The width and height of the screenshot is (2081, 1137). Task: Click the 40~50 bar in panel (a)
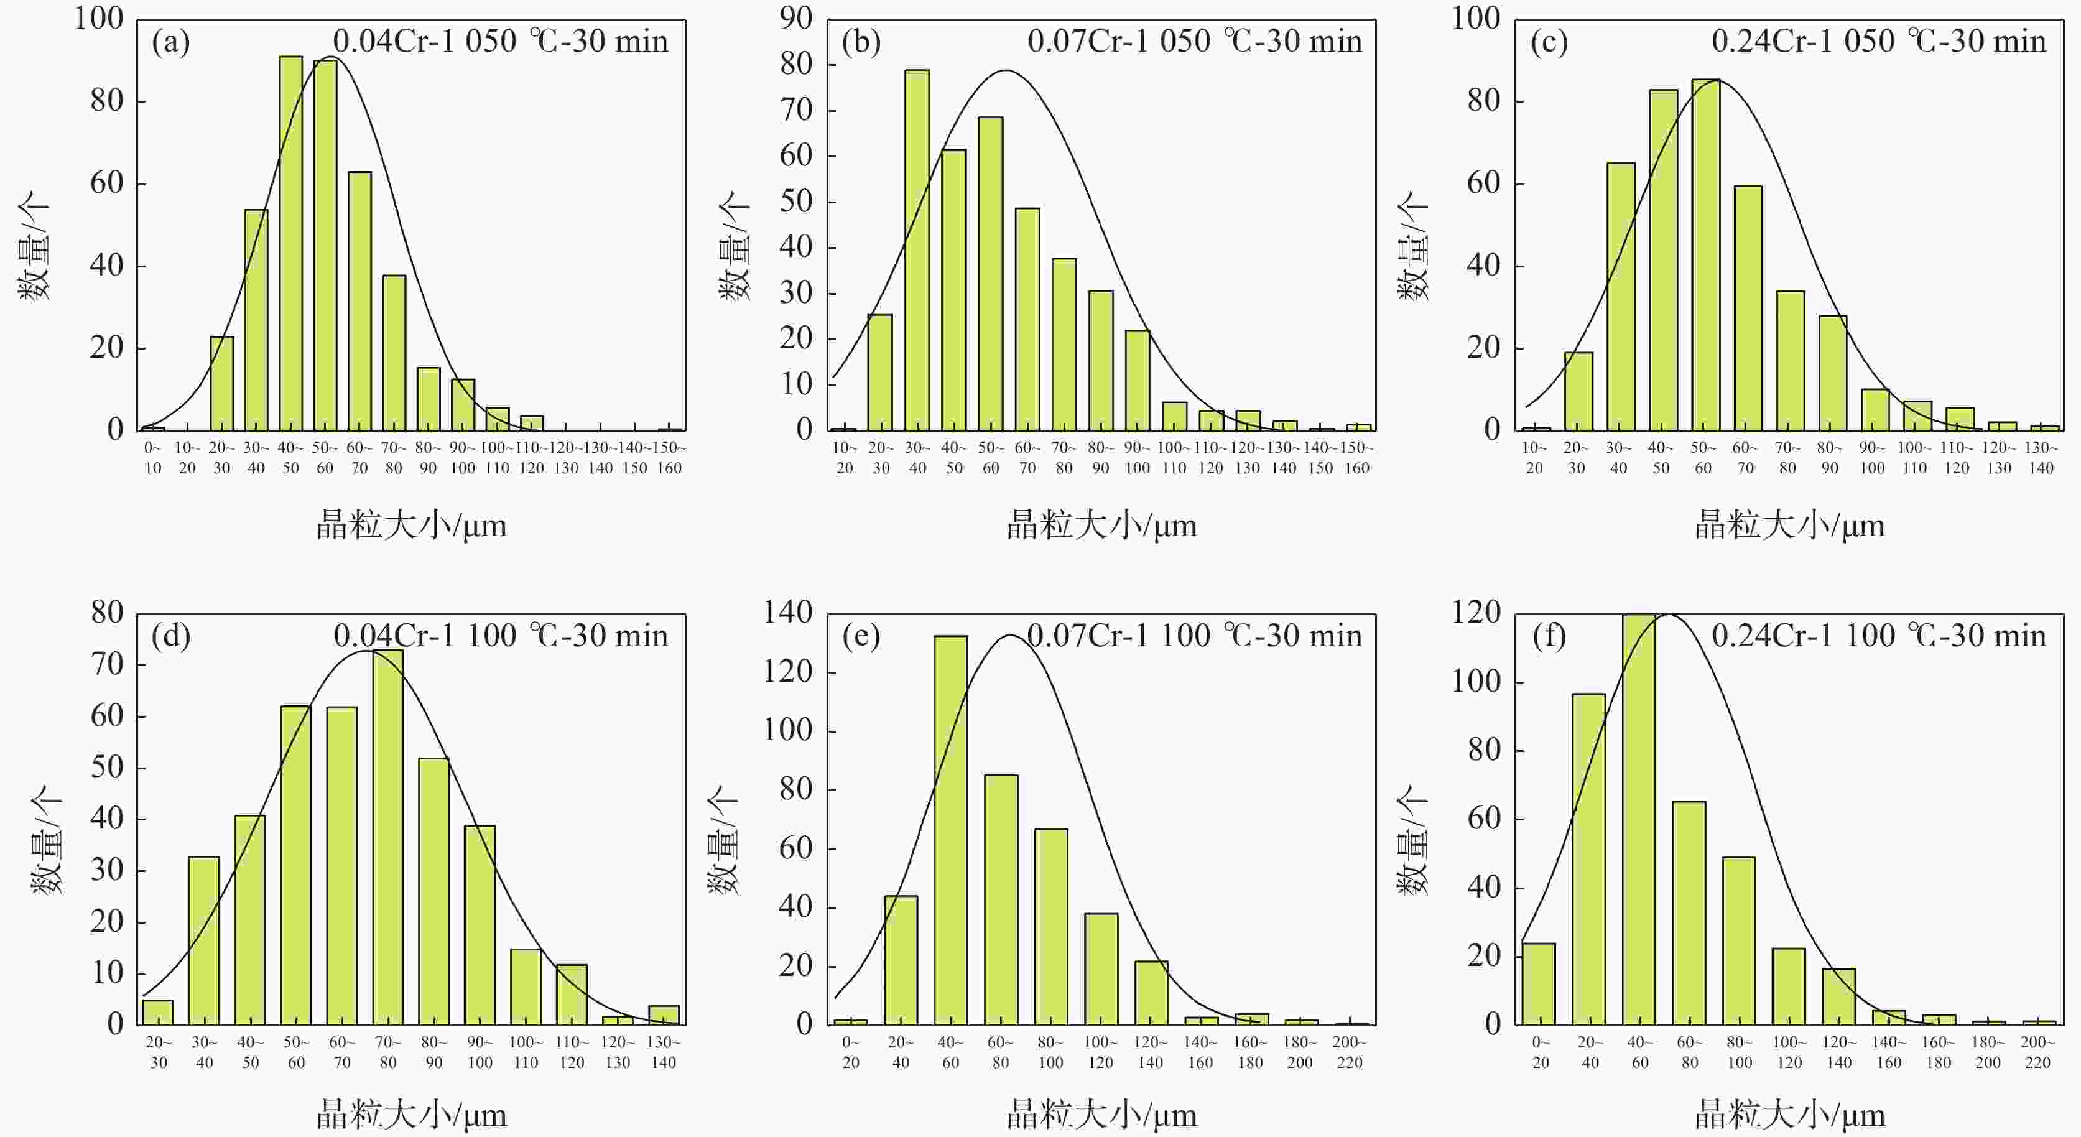[x=291, y=243]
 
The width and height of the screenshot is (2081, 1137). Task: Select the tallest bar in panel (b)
[x=917, y=251]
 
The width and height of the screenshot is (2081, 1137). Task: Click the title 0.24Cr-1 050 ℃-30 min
[x=1879, y=41]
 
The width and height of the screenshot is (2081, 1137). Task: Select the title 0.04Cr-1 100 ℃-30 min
[x=501, y=636]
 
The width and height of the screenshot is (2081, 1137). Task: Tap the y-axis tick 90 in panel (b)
[x=795, y=18]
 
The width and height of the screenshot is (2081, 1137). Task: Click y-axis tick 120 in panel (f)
[x=1476, y=613]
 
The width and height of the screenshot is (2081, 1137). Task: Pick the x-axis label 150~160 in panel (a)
[x=669, y=457]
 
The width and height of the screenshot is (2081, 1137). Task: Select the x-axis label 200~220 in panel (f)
[x=2037, y=1052]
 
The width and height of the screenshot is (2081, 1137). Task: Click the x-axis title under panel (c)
[x=1789, y=526]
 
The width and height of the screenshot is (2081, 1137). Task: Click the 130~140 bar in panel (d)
[x=663, y=1015]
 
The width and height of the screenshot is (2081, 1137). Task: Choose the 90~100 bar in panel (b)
[x=1138, y=380]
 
